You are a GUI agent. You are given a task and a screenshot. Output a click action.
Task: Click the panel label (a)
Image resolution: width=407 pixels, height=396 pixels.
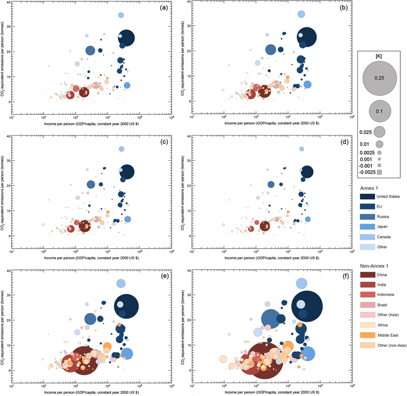(163, 8)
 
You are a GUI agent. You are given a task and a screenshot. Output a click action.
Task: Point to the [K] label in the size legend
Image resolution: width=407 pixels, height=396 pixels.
(378, 57)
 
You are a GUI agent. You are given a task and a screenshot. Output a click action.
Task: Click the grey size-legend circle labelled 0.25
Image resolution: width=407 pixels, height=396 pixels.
(378, 79)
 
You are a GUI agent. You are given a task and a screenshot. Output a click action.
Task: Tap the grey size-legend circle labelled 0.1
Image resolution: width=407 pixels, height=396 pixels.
(378, 111)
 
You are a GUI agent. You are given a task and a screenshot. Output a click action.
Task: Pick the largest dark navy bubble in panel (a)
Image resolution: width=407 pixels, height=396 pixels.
(126, 38)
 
